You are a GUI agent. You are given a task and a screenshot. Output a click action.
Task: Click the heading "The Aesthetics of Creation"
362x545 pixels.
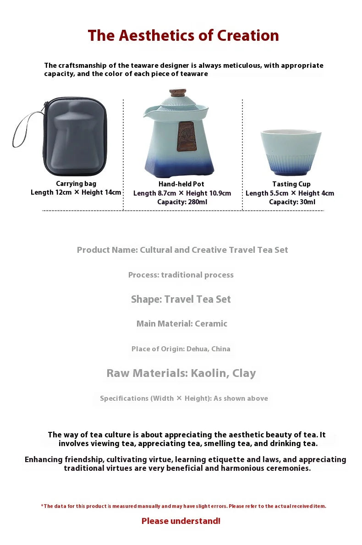coord(183,36)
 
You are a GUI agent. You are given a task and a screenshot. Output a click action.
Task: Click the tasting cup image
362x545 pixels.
coord(291,151)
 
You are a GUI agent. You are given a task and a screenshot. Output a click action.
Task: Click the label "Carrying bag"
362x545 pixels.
coord(76,184)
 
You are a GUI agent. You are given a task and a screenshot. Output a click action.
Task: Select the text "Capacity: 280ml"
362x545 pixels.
coord(182,202)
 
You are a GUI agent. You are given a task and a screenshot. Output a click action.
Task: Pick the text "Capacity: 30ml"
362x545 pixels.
coord(292,202)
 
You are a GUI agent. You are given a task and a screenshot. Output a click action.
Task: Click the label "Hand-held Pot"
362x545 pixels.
coord(181,184)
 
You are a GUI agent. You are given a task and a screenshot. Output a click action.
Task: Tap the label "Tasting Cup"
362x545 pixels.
coord(291,184)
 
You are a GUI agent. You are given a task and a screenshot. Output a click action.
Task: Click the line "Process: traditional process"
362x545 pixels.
coord(181,275)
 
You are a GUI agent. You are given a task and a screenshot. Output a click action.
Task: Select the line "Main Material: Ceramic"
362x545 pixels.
coord(182,324)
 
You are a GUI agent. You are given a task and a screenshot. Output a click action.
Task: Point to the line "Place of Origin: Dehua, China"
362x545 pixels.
coord(181,349)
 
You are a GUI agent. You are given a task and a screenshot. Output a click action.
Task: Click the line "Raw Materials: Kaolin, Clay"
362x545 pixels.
coord(181,373)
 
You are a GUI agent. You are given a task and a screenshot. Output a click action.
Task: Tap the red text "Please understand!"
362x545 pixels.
coord(181,521)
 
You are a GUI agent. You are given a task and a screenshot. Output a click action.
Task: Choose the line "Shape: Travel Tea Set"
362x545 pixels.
coord(181,300)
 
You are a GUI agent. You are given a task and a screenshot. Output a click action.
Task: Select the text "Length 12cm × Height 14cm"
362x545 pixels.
coord(76,193)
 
